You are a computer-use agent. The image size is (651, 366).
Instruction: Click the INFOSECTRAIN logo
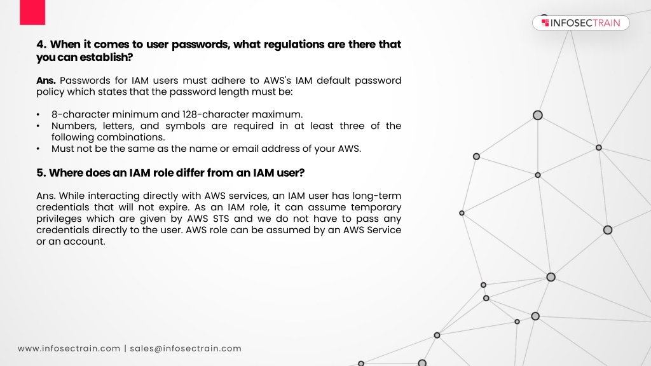pyautogui.click(x=581, y=23)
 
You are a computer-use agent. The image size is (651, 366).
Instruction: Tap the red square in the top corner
pyautogui.click(x=32, y=12)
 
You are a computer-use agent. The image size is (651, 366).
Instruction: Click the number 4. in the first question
pyautogui.click(x=41, y=44)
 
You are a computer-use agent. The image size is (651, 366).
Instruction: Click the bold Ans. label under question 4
pyautogui.click(x=46, y=81)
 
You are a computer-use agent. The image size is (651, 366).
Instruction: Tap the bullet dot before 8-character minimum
pyautogui.click(x=38, y=114)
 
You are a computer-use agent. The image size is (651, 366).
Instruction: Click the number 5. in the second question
pyautogui.click(x=41, y=173)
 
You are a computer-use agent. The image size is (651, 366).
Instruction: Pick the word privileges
pyautogui.click(x=58, y=219)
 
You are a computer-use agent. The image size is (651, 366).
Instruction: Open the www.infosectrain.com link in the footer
pyautogui.click(x=69, y=349)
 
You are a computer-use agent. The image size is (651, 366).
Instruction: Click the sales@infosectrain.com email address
pyautogui.click(x=186, y=349)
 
